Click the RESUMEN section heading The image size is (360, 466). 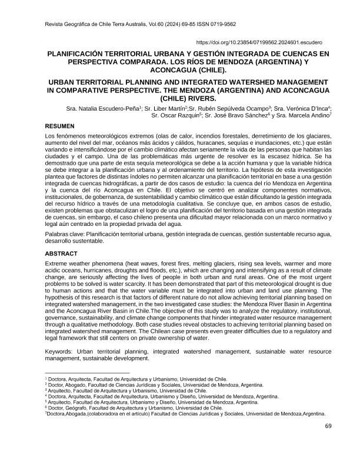coord(61,126)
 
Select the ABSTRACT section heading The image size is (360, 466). coord(62,254)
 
